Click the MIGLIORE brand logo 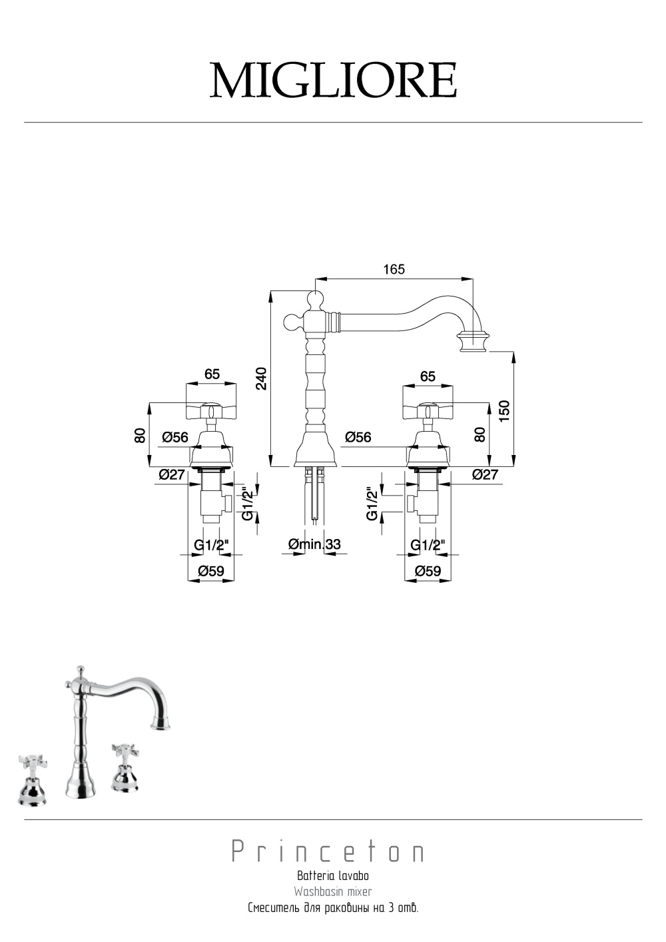pos(333,80)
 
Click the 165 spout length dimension pos(394,269)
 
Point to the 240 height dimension pos(261,378)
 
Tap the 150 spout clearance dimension pos(505,411)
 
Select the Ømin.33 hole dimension pos(314,544)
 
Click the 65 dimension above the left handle pos(212,374)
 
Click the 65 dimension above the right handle pos(428,376)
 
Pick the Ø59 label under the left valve pos(211,571)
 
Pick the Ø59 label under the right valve pos(428,571)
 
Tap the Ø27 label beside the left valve pos(172,474)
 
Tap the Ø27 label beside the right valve pos(485,474)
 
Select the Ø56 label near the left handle pos(175,437)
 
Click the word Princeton pos(328,851)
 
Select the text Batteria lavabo pos(333,875)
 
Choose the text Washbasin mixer pos(333,891)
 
